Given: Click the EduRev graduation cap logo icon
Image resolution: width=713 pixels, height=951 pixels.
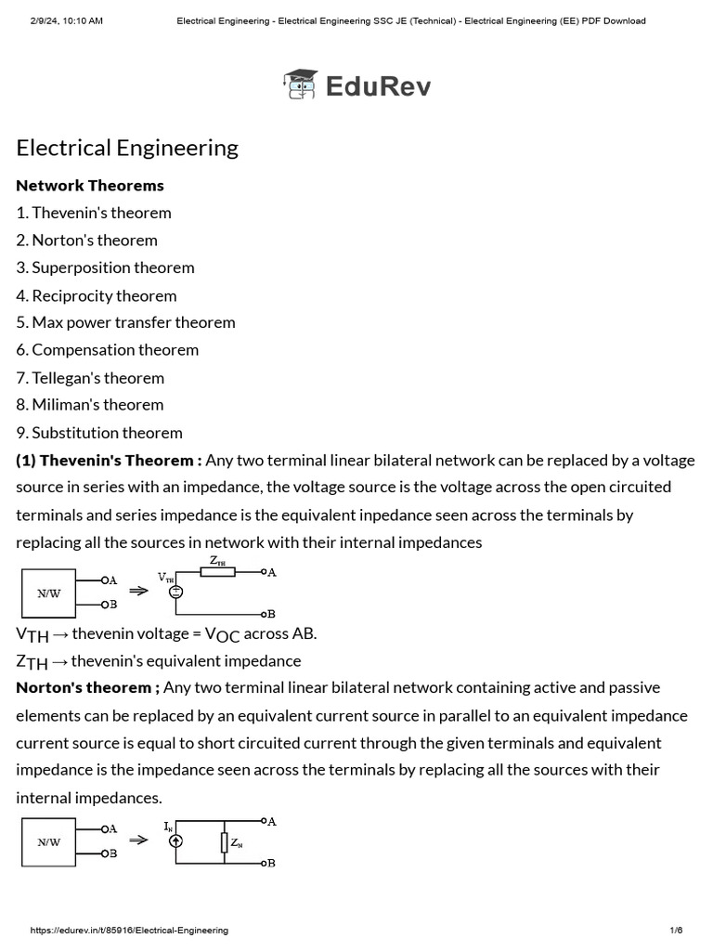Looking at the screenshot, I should click(x=300, y=85).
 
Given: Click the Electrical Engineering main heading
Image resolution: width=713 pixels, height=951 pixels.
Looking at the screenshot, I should click(x=127, y=148).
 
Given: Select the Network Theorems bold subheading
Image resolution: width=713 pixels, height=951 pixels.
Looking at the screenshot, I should click(x=90, y=185).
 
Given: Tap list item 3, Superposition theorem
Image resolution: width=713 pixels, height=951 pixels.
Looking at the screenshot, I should click(x=105, y=267).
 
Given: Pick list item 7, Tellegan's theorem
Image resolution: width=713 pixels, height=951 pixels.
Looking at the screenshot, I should click(x=90, y=377).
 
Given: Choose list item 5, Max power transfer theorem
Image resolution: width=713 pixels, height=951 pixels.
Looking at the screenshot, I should click(x=125, y=322).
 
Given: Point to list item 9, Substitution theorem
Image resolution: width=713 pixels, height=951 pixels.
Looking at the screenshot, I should click(x=99, y=432).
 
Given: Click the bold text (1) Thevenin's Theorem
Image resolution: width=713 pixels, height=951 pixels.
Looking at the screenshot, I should click(x=108, y=460).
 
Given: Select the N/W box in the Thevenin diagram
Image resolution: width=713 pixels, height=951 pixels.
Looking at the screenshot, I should click(x=49, y=593).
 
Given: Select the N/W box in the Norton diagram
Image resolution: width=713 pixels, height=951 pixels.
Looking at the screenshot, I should click(x=49, y=842).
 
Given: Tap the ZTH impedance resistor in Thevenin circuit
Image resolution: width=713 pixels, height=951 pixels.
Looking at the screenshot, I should click(x=217, y=572).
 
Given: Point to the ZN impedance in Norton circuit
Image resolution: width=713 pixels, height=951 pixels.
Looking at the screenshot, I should click(x=225, y=842).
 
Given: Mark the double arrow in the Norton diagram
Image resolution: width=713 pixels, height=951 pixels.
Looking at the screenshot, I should click(x=138, y=840).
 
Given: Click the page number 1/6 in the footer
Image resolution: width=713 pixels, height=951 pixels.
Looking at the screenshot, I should click(x=676, y=931).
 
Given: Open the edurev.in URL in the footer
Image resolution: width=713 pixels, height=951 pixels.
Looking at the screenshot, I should click(x=130, y=931).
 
